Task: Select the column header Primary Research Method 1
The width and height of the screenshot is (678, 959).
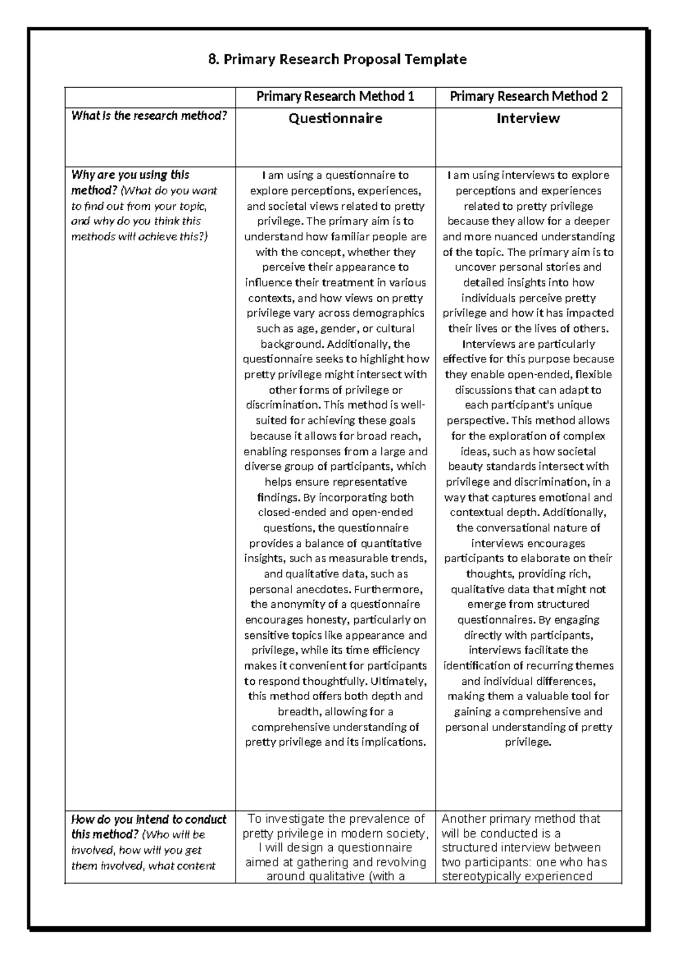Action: pyautogui.click(x=335, y=97)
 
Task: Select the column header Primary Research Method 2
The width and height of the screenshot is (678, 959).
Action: pyautogui.click(x=528, y=97)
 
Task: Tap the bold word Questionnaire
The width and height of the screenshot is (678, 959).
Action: pyautogui.click(x=335, y=118)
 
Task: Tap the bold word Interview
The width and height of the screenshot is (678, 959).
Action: pyautogui.click(x=528, y=118)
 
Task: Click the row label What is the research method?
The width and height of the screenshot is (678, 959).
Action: pyautogui.click(x=149, y=116)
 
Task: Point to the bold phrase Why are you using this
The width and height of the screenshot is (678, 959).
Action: pyautogui.click(x=130, y=175)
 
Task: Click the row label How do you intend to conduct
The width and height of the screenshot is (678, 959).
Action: pyautogui.click(x=149, y=819)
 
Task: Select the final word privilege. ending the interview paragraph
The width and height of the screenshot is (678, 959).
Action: pyautogui.click(x=528, y=742)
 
